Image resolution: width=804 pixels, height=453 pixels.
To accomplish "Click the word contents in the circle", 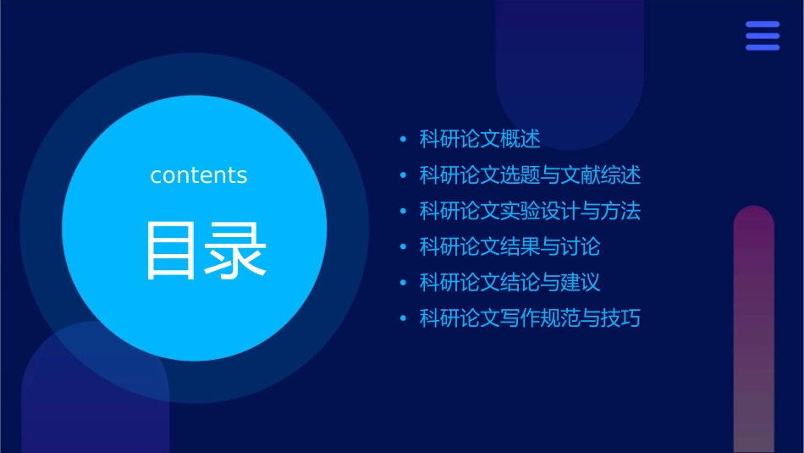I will tap(199, 175).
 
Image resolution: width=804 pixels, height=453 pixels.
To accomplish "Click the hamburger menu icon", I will tap(762, 36).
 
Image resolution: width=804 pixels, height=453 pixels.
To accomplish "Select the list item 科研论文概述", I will tap(480, 139).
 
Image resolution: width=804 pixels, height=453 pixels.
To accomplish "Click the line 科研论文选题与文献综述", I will tap(530, 175).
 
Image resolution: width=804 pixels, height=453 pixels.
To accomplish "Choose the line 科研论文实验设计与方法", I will tap(530, 211).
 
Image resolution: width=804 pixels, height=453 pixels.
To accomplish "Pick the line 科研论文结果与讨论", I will tap(509, 247).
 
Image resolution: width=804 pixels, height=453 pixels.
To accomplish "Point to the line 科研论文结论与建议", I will tap(509, 283).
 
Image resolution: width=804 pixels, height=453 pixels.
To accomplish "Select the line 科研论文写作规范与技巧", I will tap(530, 318).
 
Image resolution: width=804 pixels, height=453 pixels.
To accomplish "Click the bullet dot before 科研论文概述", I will tap(403, 140).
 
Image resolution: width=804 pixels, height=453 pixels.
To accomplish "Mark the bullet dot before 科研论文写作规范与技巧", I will tap(403, 319).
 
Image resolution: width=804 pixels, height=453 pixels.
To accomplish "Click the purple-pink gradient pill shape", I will tap(753, 330).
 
